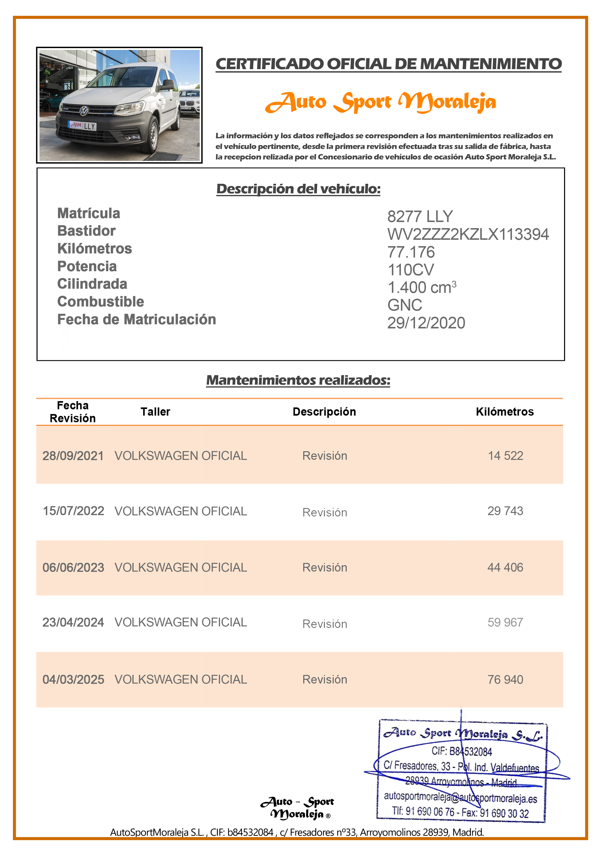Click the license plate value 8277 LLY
click(420, 216)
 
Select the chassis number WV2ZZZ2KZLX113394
click(468, 234)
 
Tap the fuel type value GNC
click(405, 305)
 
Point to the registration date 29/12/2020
click(426, 323)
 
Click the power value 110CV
click(410, 270)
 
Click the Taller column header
click(155, 412)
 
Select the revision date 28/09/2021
click(73, 456)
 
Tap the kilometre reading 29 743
click(505, 511)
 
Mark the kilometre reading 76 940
click(505, 679)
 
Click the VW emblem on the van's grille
click(84, 111)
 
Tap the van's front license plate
click(82, 126)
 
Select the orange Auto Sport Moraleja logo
click(380, 102)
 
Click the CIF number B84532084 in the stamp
click(462, 752)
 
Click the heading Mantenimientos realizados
click(298, 380)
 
